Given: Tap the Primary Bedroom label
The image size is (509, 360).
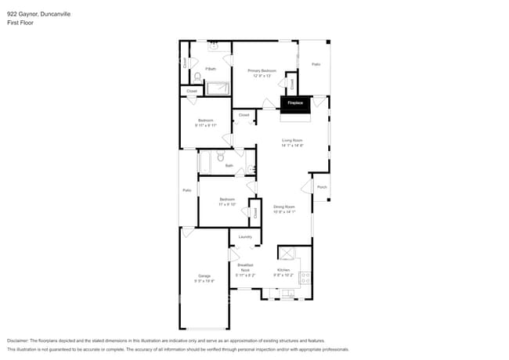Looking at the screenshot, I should click(x=261, y=72).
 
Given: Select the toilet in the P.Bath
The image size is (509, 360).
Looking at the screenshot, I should click(x=197, y=77).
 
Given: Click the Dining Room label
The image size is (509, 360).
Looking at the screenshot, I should click(x=283, y=208).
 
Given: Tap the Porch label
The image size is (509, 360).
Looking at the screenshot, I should click(x=322, y=187).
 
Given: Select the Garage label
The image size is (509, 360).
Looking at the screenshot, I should click(x=204, y=278).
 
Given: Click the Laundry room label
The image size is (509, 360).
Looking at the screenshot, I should click(x=244, y=236).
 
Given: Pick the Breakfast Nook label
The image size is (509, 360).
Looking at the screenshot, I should click(x=245, y=270).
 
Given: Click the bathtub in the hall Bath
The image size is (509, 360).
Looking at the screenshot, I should click(x=204, y=161).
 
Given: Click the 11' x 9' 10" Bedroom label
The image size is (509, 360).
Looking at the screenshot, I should click(x=227, y=202).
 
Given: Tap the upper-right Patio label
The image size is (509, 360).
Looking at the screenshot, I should click(x=316, y=65).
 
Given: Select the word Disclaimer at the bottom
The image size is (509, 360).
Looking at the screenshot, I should click(x=21, y=341).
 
